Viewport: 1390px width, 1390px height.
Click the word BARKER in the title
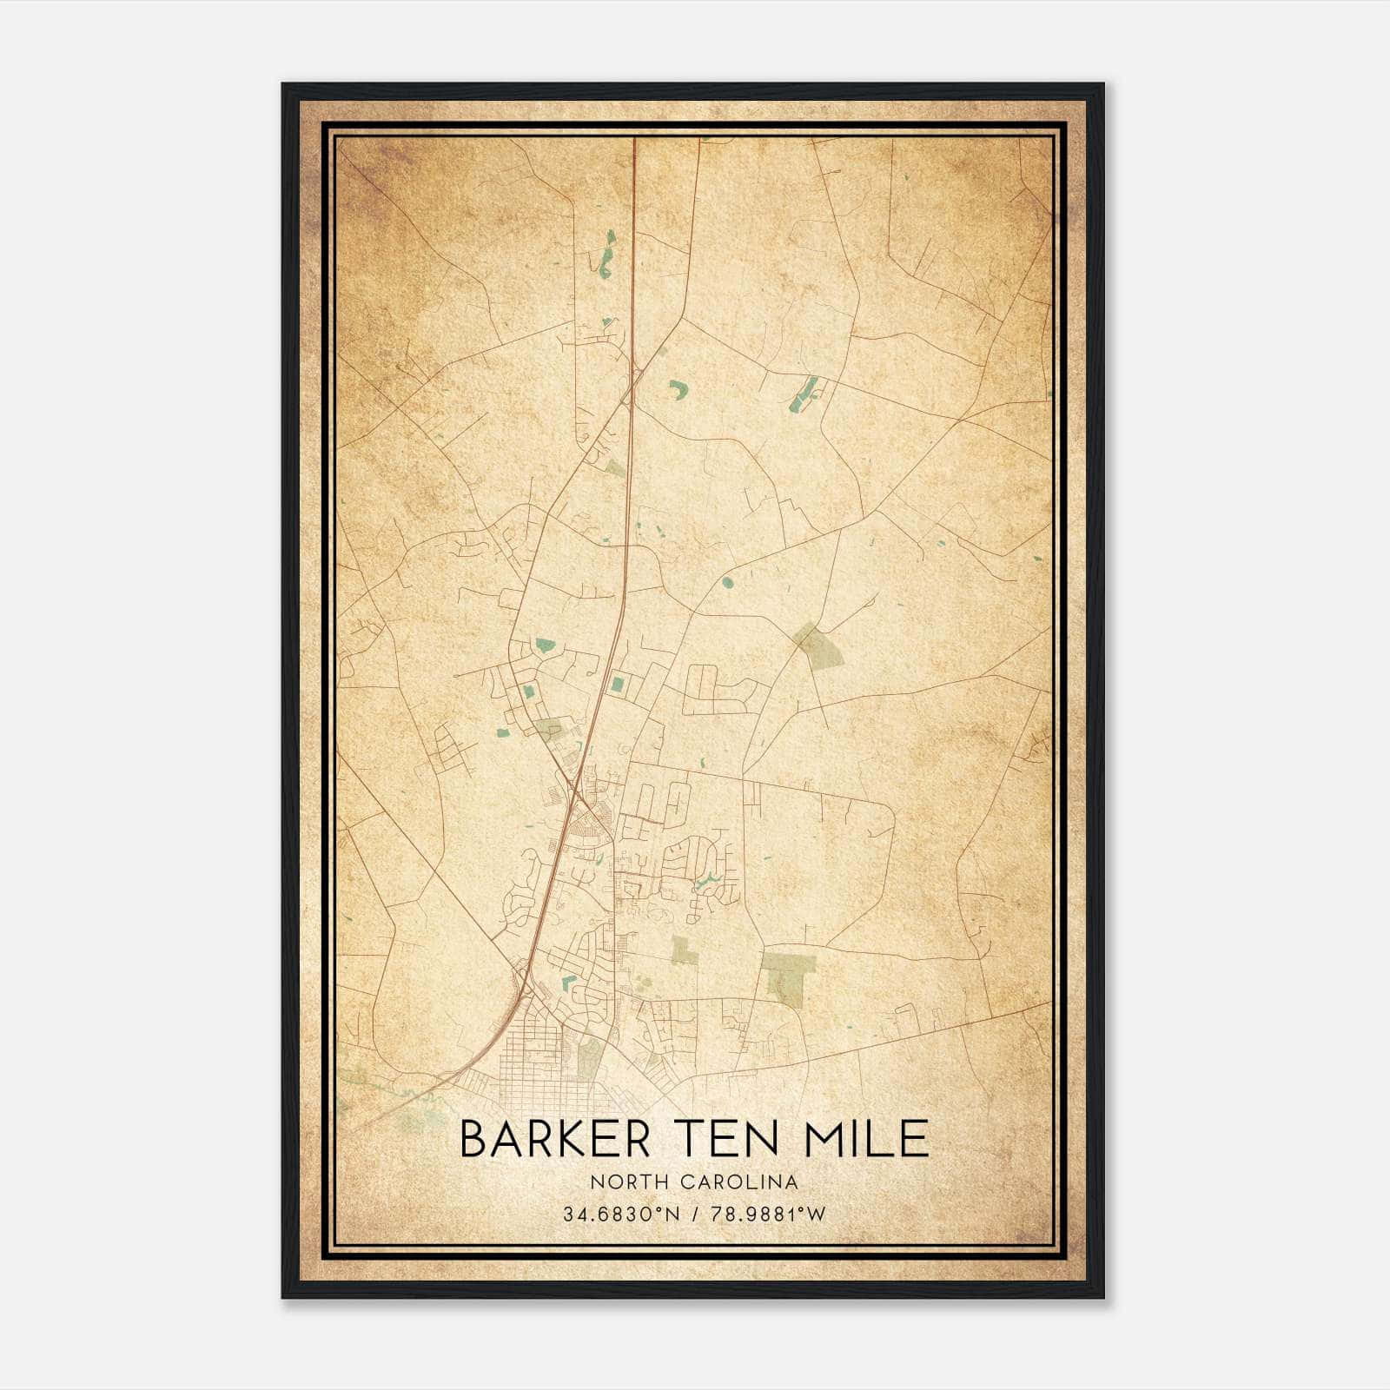(x=554, y=1139)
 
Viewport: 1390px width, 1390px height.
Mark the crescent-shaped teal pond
(x=677, y=389)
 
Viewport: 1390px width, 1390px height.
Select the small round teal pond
(x=726, y=582)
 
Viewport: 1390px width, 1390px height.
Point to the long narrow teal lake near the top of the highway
(x=608, y=252)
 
